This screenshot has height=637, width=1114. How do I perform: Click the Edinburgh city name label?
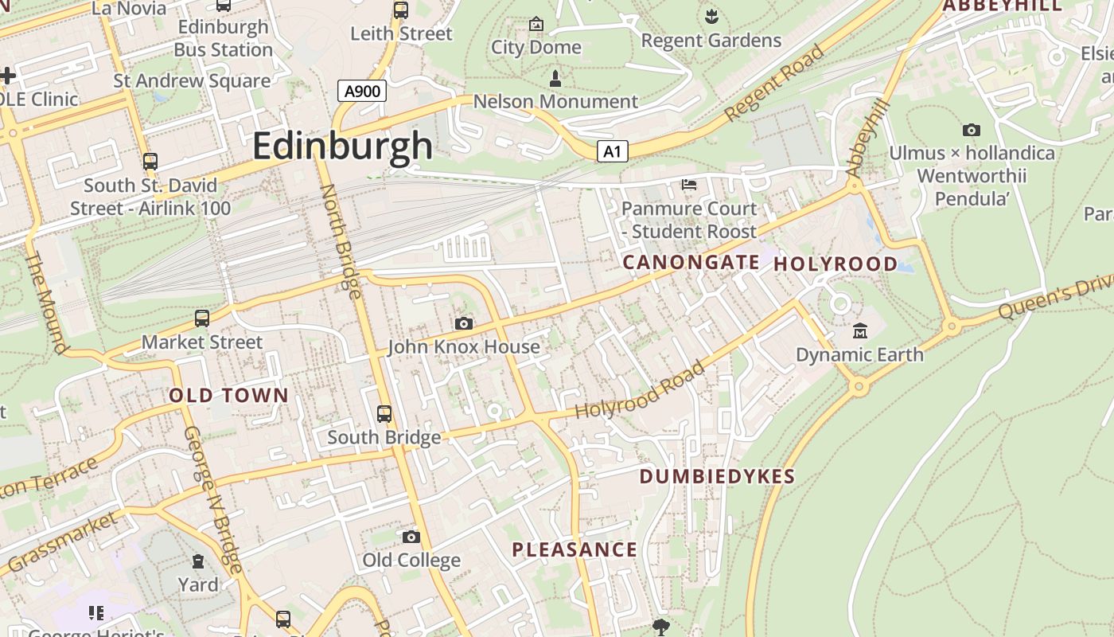pyautogui.click(x=343, y=146)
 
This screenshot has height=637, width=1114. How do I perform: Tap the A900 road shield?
pyautogui.click(x=362, y=91)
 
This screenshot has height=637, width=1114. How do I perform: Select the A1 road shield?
pyautogui.click(x=612, y=151)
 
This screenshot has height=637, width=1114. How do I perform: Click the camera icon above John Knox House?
pyautogui.click(x=464, y=323)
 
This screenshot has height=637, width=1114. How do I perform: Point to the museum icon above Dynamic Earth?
pyautogui.click(x=859, y=330)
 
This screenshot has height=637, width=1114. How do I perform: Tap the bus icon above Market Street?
pyautogui.click(x=202, y=318)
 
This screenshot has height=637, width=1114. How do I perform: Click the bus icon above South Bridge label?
pyautogui.click(x=384, y=414)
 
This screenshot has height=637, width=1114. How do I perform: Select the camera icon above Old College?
pyautogui.click(x=411, y=537)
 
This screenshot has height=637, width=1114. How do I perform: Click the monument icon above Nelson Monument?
pyautogui.click(x=555, y=78)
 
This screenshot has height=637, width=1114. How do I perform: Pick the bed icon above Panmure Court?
pyautogui.click(x=689, y=185)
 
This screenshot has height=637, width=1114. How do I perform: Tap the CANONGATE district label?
pyautogui.click(x=691, y=262)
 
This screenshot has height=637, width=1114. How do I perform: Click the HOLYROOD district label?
pyautogui.click(x=835, y=264)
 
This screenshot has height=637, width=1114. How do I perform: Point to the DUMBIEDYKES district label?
pyautogui.click(x=717, y=476)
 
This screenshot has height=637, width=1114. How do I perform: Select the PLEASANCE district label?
pyautogui.click(x=575, y=549)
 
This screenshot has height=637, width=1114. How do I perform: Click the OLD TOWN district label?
pyautogui.click(x=229, y=395)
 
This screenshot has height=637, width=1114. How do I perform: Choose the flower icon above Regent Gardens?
pyautogui.click(x=711, y=15)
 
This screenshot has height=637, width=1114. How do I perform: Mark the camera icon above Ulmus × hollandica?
pyautogui.click(x=971, y=130)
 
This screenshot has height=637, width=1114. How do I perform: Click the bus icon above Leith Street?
pyautogui.click(x=401, y=10)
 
